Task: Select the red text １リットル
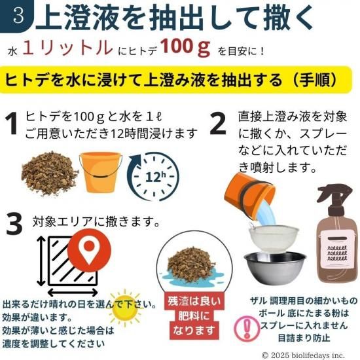pyautogui.click(x=68, y=48)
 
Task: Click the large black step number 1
pyautogui.click(x=12, y=124)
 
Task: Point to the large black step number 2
pyautogui.click(x=218, y=124)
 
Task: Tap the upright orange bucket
pyautogui.click(x=100, y=172)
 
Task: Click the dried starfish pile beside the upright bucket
pyautogui.click(x=50, y=173)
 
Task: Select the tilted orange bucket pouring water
pyautogui.click(x=249, y=192)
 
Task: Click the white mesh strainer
pyautogui.click(x=273, y=238)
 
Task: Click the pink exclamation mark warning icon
pyautogui.click(x=247, y=329)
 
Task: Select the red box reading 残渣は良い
pyautogui.click(x=194, y=301)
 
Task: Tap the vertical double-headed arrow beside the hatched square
pyautogui.click(x=41, y=261)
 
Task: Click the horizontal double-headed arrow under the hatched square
pyautogui.click(x=73, y=293)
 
